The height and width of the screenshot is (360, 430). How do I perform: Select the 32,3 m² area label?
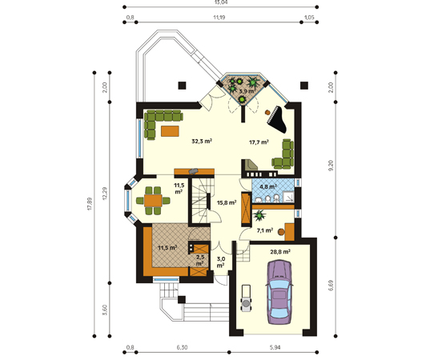(203, 142)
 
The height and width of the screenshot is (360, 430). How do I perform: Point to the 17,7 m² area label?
(259, 142)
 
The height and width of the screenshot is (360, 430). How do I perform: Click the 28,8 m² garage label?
(280, 252)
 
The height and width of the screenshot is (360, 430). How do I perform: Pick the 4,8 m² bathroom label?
(268, 187)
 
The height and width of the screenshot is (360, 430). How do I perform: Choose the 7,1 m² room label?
(264, 230)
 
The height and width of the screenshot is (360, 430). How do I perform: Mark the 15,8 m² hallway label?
(227, 202)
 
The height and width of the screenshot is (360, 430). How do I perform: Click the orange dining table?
(153, 201)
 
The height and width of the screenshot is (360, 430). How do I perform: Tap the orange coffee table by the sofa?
(170, 131)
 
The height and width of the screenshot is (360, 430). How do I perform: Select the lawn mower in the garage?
(246, 298)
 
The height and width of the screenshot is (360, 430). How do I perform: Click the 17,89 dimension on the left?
(90, 204)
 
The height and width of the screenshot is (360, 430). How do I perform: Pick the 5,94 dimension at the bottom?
(275, 347)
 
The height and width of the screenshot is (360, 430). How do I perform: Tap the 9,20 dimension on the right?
(331, 166)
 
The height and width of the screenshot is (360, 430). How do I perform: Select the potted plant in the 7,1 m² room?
(259, 215)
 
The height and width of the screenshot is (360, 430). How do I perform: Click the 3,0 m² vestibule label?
(221, 262)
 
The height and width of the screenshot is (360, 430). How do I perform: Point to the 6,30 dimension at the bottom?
(182, 347)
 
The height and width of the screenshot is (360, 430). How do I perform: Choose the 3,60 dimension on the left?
(105, 310)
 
